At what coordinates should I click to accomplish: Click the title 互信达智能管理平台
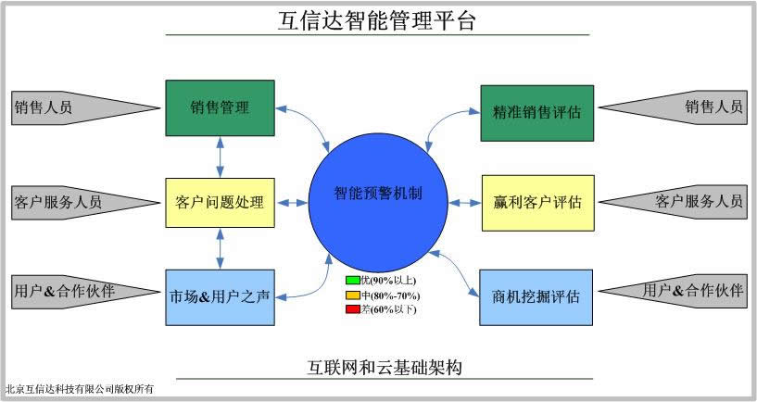click(x=377, y=20)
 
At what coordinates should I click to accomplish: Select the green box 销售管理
click(x=220, y=107)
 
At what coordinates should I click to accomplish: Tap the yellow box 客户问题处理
click(x=220, y=202)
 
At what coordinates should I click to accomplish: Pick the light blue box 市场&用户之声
click(x=220, y=297)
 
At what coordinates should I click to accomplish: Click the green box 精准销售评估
click(x=536, y=113)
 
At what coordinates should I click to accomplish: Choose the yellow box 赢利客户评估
click(x=536, y=202)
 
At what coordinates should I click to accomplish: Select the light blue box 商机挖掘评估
click(x=536, y=297)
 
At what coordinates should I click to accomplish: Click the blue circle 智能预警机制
click(x=378, y=196)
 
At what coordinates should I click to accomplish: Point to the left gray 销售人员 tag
click(x=56, y=107)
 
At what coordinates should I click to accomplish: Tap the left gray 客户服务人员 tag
click(x=60, y=201)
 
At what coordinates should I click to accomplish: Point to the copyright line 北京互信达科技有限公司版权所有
click(x=79, y=389)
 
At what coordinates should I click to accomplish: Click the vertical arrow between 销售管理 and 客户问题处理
click(x=220, y=157)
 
